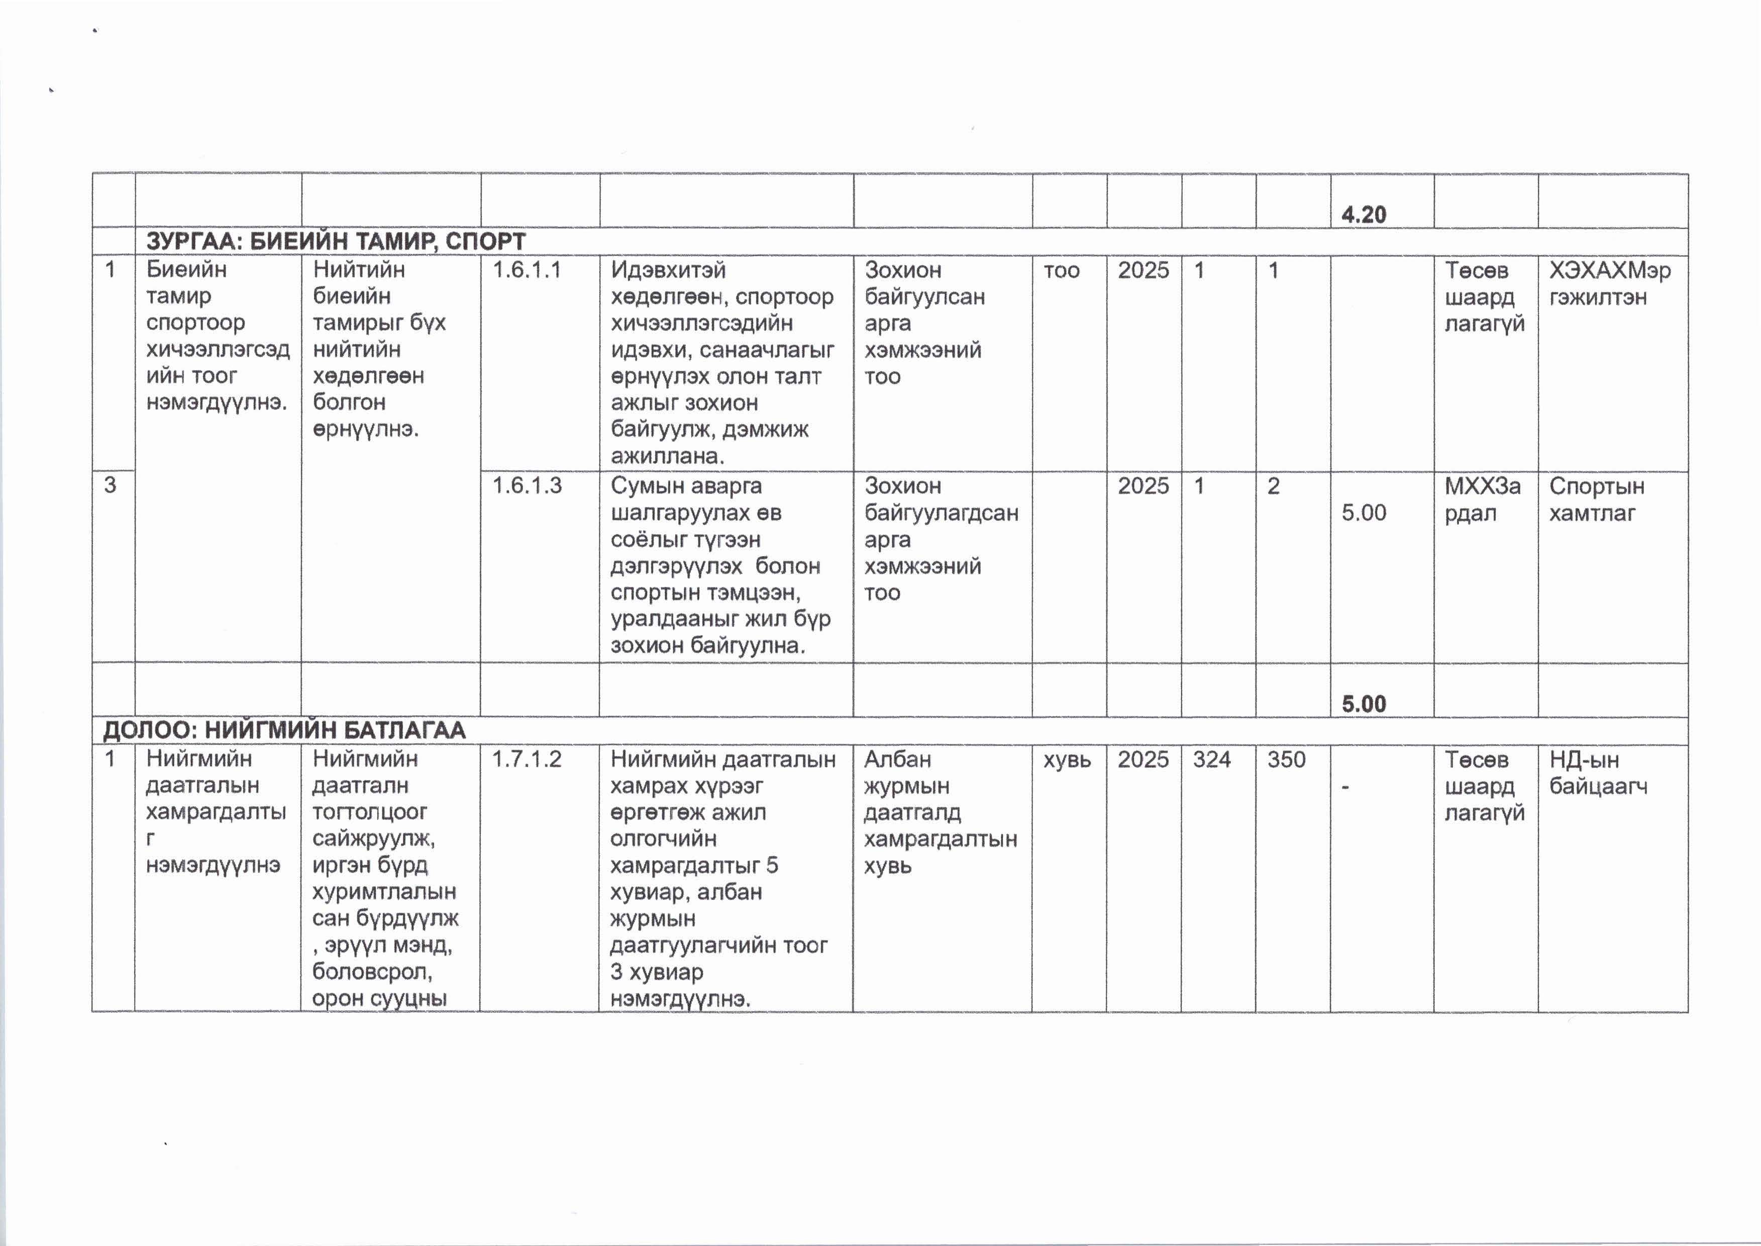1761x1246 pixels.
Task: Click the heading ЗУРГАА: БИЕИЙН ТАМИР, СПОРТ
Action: click(335, 241)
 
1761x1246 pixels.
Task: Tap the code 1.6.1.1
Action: click(527, 270)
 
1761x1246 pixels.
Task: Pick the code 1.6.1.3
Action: click(527, 486)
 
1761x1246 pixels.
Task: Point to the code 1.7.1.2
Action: click(527, 760)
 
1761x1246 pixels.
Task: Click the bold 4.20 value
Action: click(1364, 215)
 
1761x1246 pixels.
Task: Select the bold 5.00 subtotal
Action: click(1364, 704)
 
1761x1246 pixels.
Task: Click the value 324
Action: click(1212, 760)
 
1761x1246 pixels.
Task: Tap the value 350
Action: click(1286, 760)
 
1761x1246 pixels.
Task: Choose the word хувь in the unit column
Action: click(1067, 760)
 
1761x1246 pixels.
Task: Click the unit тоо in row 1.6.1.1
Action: click(1061, 270)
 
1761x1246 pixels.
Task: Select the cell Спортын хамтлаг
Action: click(1596, 499)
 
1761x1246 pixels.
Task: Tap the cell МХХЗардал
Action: click(1482, 499)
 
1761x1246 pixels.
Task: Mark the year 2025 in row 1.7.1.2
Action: click(1143, 760)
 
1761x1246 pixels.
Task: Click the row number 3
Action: click(111, 486)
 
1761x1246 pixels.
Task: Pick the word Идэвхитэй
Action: click(668, 270)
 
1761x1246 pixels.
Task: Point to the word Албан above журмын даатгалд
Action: click(897, 760)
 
